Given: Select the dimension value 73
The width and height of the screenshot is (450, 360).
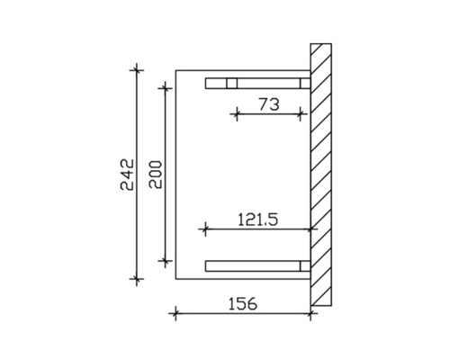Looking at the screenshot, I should pyautogui.click(x=267, y=104).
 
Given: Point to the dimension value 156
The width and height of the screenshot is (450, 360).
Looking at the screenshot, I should pyautogui.click(x=240, y=303).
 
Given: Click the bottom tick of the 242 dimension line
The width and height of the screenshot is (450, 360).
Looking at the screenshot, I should pyautogui.click(x=136, y=282).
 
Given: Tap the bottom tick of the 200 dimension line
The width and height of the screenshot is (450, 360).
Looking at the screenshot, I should pyautogui.click(x=164, y=261).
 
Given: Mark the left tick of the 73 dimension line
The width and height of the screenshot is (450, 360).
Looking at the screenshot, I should pyautogui.click(x=235, y=113).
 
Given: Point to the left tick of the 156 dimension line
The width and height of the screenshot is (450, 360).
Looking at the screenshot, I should pyautogui.click(x=175, y=313).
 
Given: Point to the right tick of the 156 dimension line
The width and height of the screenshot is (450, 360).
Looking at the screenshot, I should pyautogui.click(x=310, y=313).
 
